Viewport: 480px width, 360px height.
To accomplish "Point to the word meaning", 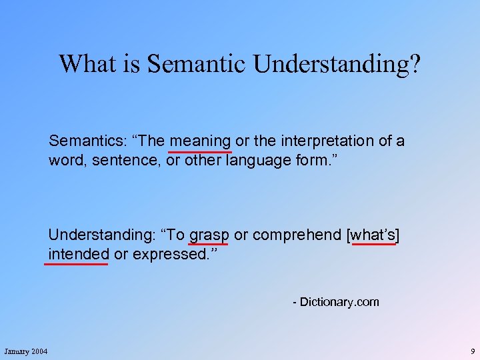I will click(x=200, y=141).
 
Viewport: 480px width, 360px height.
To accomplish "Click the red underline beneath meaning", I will click(x=200, y=152).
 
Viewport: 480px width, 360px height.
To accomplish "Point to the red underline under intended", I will click(x=76, y=264).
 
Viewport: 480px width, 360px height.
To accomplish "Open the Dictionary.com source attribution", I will click(x=336, y=302).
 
